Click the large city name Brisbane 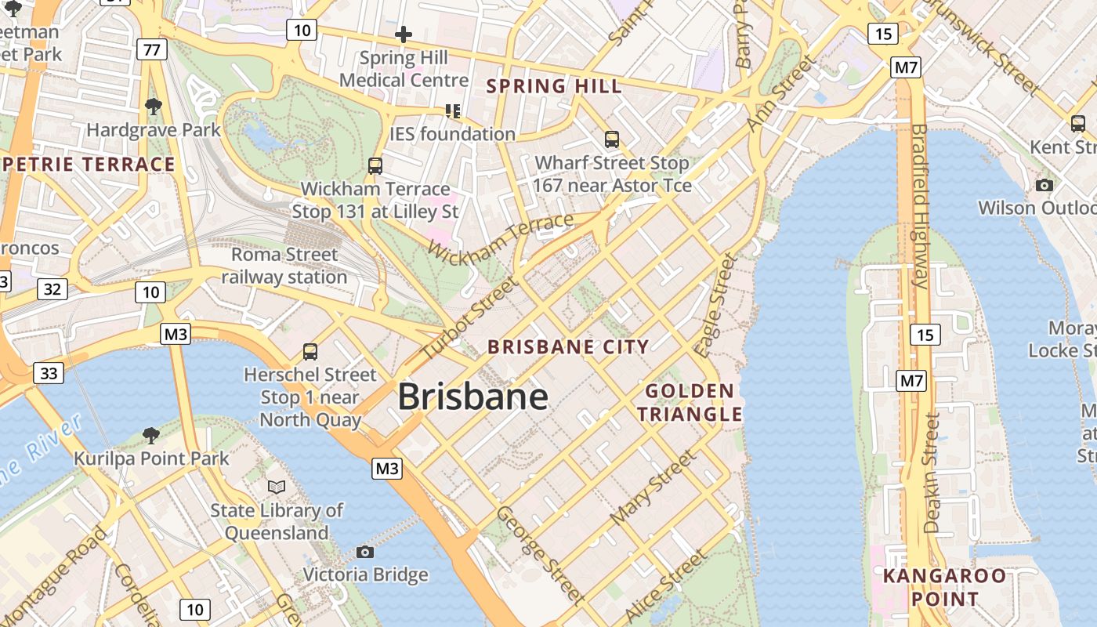[x=472, y=397]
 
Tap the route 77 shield [x=151, y=50]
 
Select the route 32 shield [x=52, y=289]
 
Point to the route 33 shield [x=49, y=373]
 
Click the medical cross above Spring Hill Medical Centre [x=404, y=34]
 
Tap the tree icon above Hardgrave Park [x=154, y=106]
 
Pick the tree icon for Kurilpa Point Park [x=151, y=435]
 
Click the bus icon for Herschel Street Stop [x=310, y=352]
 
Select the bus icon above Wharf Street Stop [x=612, y=140]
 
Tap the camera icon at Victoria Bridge [x=364, y=552]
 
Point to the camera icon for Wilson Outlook [x=1044, y=185]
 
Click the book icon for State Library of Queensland [x=277, y=487]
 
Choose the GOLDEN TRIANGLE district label [x=690, y=402]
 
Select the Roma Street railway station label [x=284, y=266]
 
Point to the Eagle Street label [x=716, y=306]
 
